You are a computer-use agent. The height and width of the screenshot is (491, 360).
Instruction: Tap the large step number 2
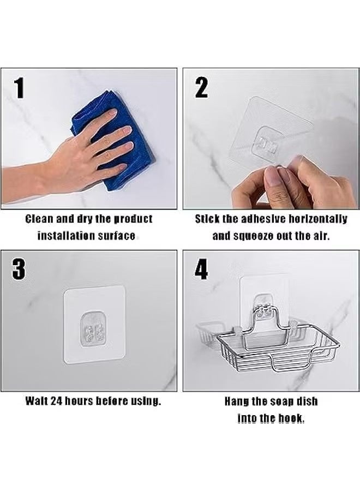tap(201, 88)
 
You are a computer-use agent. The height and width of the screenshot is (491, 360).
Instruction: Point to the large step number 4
tap(201, 269)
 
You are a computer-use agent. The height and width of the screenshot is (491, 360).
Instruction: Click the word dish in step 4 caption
tap(307, 401)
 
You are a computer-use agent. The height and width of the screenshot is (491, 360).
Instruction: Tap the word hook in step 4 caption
tap(292, 418)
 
